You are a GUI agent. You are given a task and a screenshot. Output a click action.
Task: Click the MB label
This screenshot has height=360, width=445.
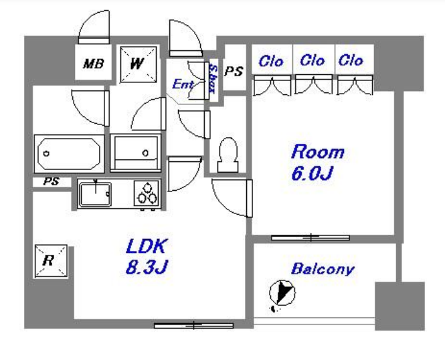(94, 64)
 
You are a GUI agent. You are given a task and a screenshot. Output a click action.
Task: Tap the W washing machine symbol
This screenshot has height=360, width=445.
(139, 64)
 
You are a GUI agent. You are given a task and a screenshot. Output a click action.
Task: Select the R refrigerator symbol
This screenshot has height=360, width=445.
(51, 261)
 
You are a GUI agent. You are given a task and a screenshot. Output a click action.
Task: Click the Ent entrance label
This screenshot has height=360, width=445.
(183, 84)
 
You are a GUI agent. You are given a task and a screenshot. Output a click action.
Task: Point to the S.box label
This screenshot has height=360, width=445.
(213, 79)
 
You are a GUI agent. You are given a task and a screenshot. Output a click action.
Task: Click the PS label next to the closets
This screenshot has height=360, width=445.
(234, 71)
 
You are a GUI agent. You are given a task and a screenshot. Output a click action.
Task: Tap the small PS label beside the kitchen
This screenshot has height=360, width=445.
(52, 181)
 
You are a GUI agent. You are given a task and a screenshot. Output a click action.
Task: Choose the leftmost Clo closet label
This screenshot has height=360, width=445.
(271, 62)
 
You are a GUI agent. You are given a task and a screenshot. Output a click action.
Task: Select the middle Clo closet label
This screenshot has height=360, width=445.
(313, 60)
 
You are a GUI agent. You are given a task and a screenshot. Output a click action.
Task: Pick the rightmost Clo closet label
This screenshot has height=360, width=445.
(351, 60)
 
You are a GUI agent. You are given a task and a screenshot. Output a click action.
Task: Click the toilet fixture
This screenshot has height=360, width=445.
(228, 155)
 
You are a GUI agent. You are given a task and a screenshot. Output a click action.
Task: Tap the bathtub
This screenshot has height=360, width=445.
(69, 153)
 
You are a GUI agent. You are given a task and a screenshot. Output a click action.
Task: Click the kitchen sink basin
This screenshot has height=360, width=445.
(95, 194)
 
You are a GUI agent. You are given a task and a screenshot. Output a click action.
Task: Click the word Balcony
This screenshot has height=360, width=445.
(323, 269)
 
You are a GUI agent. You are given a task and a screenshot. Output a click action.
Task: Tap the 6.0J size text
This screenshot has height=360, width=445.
(312, 173)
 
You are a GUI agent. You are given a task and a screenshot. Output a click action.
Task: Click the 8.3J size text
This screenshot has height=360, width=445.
(147, 267)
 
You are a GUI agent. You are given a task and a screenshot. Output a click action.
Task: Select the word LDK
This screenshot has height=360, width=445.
(146, 246)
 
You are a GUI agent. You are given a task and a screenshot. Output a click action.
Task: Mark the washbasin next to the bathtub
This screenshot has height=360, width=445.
(136, 153)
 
